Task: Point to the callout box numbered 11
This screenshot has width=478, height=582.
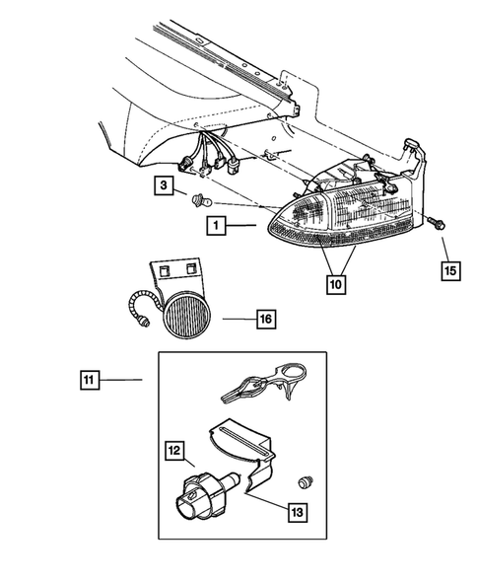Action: [x=90, y=378]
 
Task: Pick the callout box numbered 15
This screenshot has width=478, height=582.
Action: [x=449, y=268]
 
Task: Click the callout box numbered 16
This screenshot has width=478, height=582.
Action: [x=265, y=319]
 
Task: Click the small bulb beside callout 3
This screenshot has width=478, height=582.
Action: [x=197, y=201]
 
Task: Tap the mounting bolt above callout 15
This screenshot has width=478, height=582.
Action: [x=435, y=225]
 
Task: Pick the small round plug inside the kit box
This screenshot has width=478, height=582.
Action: [x=306, y=481]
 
